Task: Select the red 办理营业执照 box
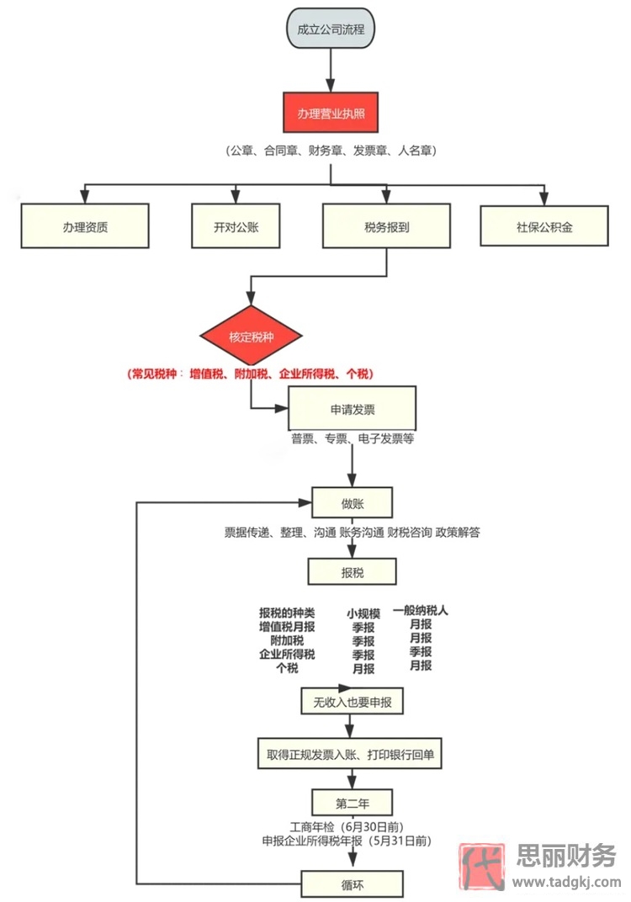click(331, 113)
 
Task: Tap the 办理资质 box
click(85, 225)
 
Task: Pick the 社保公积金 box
click(544, 225)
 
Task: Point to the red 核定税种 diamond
click(250, 337)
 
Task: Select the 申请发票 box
click(353, 409)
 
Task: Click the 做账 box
click(353, 503)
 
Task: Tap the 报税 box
click(353, 572)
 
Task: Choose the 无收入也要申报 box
click(353, 701)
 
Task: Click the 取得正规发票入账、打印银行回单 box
click(349, 754)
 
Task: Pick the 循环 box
click(353, 883)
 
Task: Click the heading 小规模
click(363, 613)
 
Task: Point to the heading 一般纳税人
click(421, 611)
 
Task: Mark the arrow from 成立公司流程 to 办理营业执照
click(331, 71)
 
